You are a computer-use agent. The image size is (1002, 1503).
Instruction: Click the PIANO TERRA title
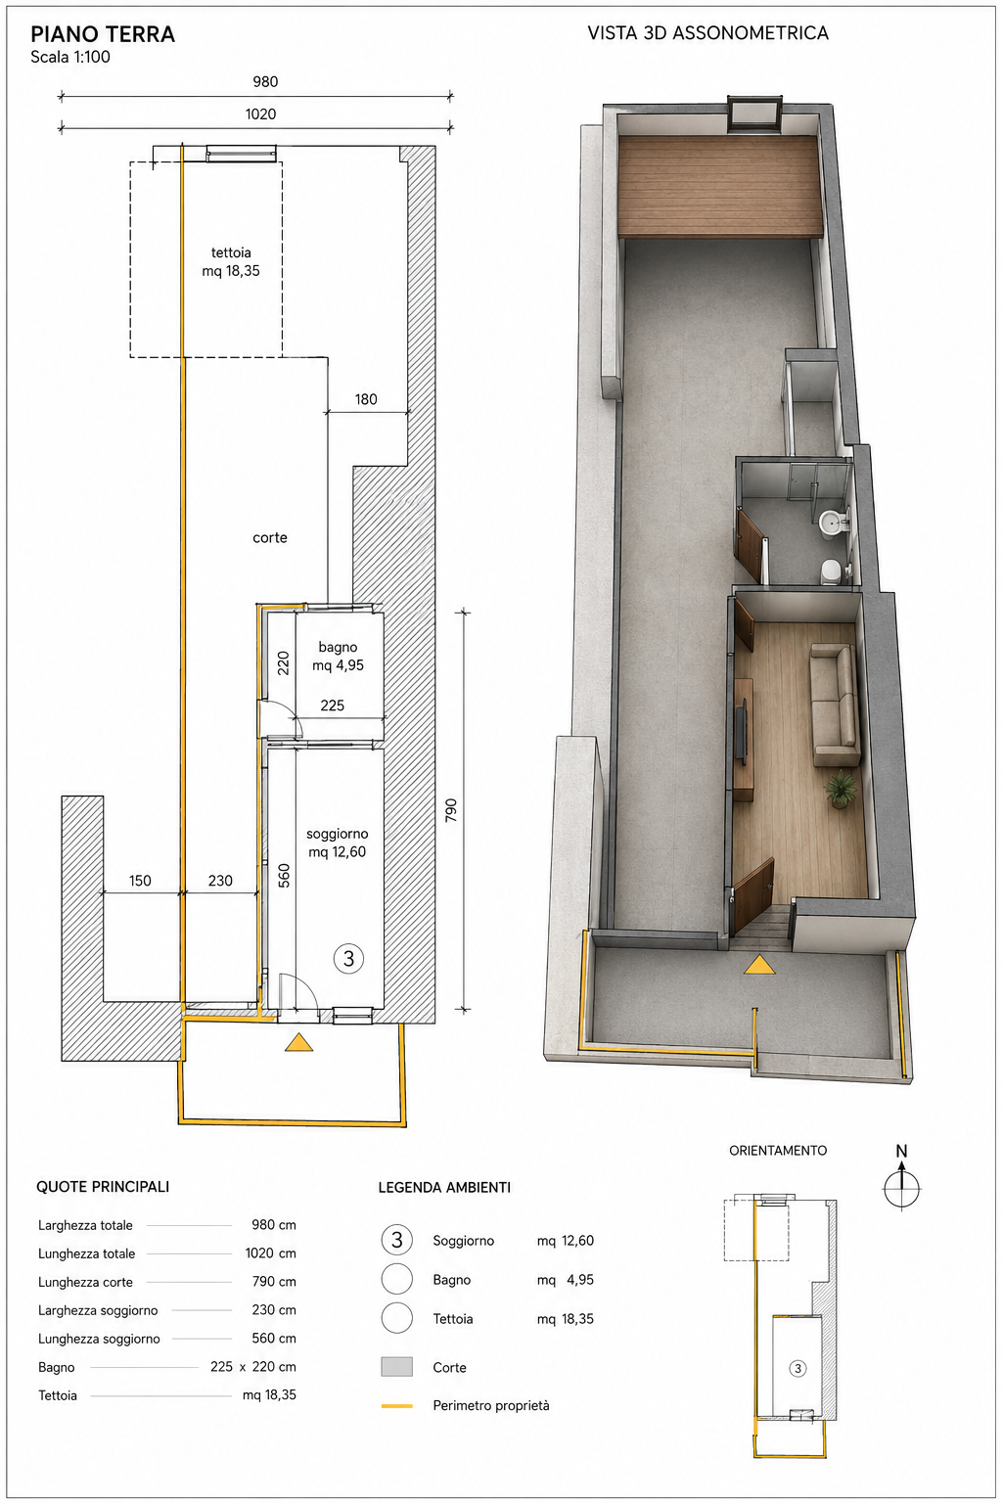[x=103, y=34]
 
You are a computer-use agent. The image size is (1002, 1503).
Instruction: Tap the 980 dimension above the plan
[x=265, y=82]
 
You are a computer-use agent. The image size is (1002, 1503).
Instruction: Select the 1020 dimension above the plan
[x=260, y=114]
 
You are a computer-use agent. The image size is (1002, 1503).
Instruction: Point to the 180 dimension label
[x=366, y=399]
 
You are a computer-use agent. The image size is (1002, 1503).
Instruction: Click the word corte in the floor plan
[x=270, y=537]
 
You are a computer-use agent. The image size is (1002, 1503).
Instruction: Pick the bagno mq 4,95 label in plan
[x=338, y=657]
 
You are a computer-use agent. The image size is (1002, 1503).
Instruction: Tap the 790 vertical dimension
[x=451, y=810]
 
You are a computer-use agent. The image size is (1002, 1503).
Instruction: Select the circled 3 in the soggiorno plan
[x=348, y=959]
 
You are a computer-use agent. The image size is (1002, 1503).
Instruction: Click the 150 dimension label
[x=140, y=881]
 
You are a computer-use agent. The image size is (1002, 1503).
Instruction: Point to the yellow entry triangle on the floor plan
[x=298, y=1043]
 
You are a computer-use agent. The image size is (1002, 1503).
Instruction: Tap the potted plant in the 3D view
[x=841, y=789]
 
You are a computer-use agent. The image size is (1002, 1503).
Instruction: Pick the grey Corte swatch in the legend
[x=396, y=1367]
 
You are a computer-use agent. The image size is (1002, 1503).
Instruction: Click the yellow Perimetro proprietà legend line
[x=396, y=1405]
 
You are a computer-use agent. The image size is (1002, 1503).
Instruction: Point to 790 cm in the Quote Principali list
[x=274, y=1281]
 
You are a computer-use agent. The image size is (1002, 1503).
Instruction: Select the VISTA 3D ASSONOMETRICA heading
[x=708, y=33]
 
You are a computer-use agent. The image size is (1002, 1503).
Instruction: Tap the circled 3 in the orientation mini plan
[x=797, y=1368]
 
